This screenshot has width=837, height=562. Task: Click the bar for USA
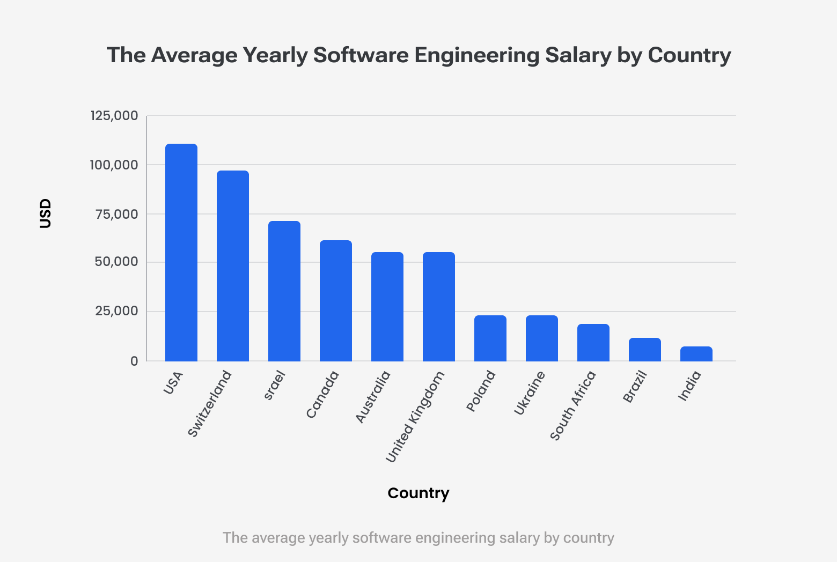[x=181, y=253]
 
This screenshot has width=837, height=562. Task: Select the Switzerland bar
[x=233, y=266]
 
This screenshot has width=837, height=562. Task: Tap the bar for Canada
[x=336, y=301]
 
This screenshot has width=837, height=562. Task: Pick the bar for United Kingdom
[x=439, y=307]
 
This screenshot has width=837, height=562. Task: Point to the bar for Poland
[x=490, y=338]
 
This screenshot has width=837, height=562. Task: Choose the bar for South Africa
[x=593, y=343]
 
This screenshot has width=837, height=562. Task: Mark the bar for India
[x=696, y=354]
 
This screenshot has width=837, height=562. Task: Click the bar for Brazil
[x=645, y=350]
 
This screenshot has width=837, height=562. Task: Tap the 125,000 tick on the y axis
[x=114, y=116]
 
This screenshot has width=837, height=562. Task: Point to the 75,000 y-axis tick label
[x=116, y=214]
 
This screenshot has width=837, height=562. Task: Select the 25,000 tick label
[x=116, y=312]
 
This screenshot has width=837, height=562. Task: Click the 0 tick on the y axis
[x=134, y=361]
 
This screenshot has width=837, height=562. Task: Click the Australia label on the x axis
[x=373, y=397]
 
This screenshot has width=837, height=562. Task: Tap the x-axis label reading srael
[x=274, y=386]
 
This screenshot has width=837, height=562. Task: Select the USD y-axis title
[x=46, y=213]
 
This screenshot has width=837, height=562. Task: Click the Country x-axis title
[x=418, y=493]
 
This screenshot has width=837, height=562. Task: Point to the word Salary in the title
[x=578, y=55]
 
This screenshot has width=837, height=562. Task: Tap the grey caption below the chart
[x=418, y=538]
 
